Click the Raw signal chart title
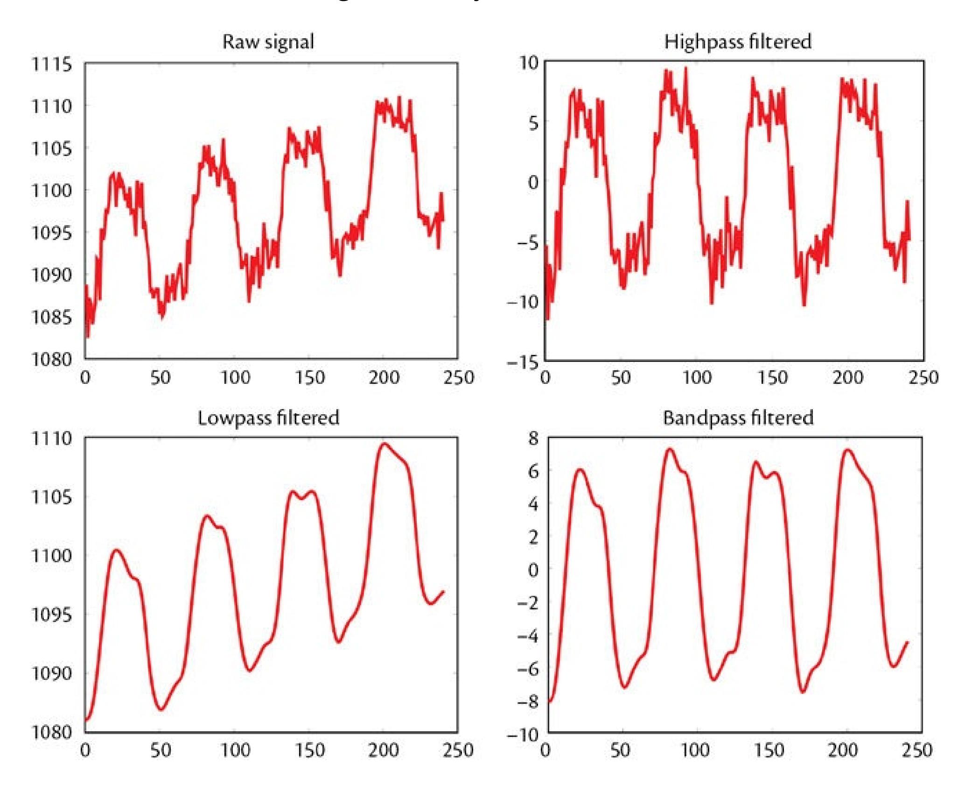(x=268, y=42)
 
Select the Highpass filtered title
(x=738, y=42)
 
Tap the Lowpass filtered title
(x=268, y=417)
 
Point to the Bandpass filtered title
(x=738, y=417)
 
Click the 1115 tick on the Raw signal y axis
(x=52, y=64)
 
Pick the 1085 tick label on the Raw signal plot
(x=52, y=318)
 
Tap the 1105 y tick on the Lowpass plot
(x=52, y=497)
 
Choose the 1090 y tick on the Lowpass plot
(x=52, y=673)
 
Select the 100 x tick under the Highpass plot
(x=697, y=377)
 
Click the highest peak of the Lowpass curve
(x=384, y=444)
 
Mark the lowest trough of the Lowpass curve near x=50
(x=161, y=709)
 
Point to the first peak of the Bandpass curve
(x=580, y=469)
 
